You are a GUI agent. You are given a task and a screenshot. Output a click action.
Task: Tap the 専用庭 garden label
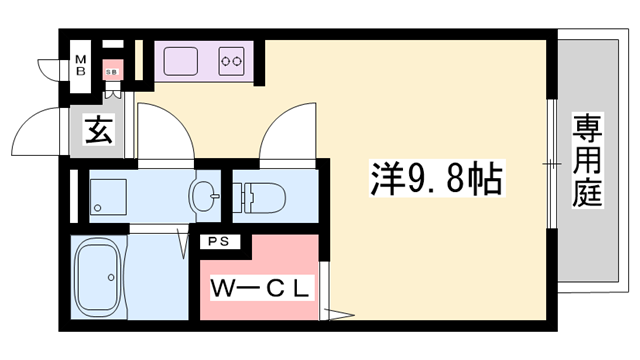point(587,160)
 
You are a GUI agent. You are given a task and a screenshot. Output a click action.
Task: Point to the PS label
point(217,242)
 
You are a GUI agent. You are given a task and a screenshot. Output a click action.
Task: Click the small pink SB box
point(113,70)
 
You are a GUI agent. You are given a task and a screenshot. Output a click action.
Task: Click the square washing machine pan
point(107,195)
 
